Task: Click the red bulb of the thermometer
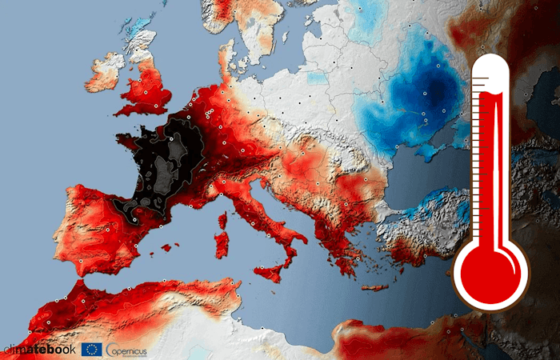tap(490, 272)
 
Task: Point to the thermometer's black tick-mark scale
tap(478, 160)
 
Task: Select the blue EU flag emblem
tap(91, 349)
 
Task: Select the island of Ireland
tap(104, 73)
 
